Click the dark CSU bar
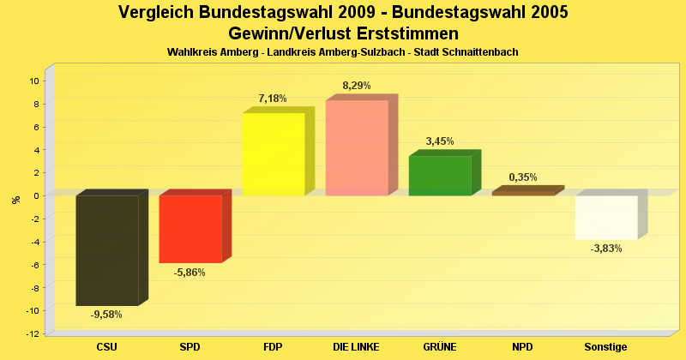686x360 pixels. [107, 249]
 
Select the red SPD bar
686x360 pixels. [190, 229]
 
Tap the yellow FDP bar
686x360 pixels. [274, 154]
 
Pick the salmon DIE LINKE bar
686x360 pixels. [357, 147]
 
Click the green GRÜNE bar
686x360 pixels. [440, 176]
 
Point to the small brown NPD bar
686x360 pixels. [523, 193]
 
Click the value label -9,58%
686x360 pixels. [106, 314]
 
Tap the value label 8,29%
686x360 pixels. [357, 86]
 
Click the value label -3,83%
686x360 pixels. [606, 249]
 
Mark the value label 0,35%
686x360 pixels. [523, 177]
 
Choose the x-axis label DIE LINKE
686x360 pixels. [357, 346]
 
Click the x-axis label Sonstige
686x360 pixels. [606, 346]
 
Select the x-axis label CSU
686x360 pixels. [107, 346]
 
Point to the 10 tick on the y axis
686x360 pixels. [35, 81]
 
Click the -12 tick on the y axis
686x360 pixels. [33, 333]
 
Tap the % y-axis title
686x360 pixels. [15, 200]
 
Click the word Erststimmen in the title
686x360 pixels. [408, 33]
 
